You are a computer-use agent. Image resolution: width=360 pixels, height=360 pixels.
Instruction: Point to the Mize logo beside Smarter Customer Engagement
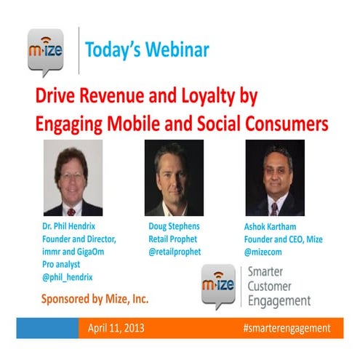(x=217, y=286)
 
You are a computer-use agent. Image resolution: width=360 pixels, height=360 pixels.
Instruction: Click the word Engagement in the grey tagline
(x=279, y=301)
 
